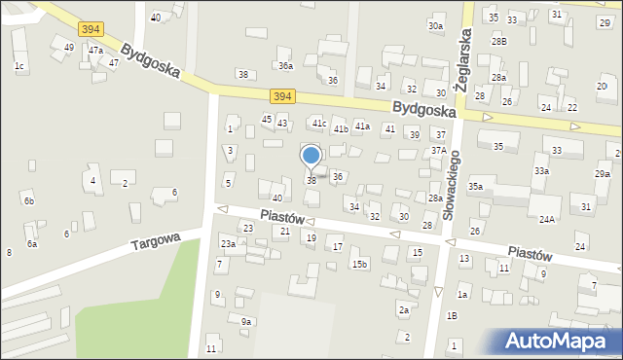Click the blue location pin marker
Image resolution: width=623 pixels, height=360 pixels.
311,157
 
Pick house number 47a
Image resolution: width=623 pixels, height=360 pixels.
94,50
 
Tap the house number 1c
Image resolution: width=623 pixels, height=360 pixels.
18,65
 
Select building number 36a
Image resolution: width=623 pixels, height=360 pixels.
285,66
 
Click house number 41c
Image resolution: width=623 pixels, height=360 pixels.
318,124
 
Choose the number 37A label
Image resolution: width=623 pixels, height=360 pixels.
439,151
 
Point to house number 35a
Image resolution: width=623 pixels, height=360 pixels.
475,186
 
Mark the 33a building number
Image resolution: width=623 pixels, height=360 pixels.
541,170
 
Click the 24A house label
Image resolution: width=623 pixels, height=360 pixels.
547,220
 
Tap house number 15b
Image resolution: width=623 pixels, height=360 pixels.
359,264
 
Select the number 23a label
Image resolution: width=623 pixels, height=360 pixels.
228,243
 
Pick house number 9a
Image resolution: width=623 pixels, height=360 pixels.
246,321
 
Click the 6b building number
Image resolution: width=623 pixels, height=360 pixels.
28,200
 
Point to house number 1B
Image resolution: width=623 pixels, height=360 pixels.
452,315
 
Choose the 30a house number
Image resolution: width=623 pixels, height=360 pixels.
435,26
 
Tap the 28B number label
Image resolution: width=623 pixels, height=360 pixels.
499,41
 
